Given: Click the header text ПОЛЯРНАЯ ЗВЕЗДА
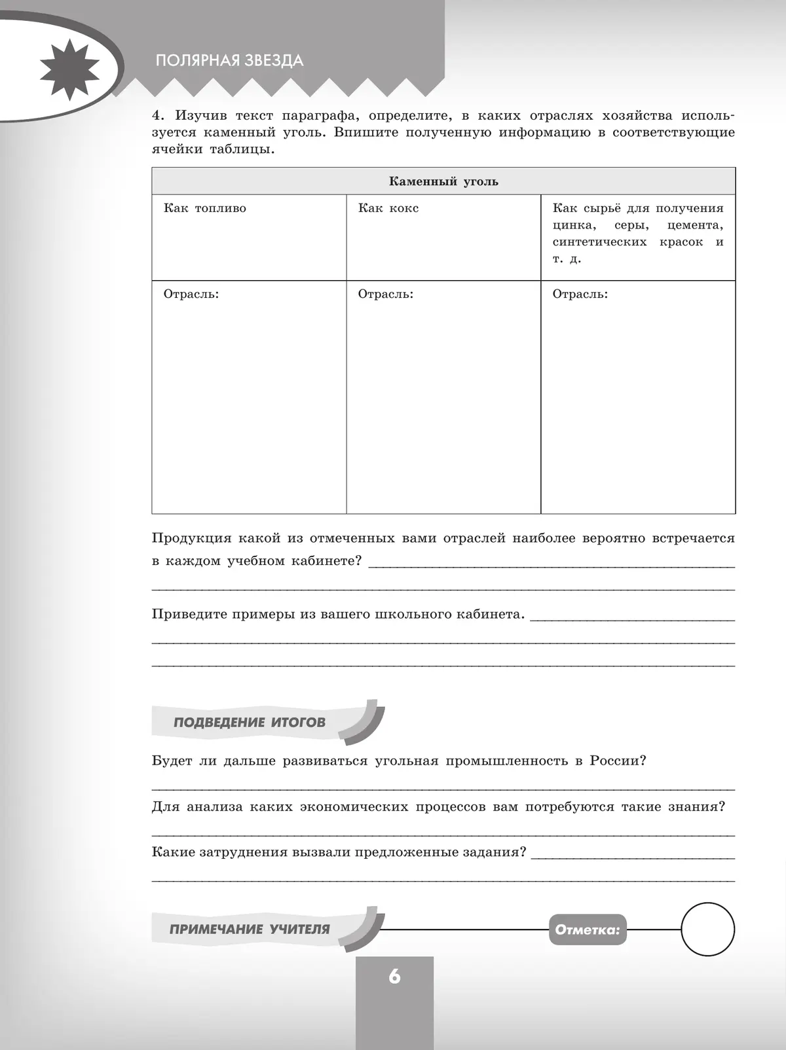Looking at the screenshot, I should tap(229, 61).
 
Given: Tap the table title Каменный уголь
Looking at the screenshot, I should tap(443, 181).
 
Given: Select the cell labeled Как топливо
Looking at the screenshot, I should tap(205, 208).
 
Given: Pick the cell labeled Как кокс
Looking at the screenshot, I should tap(388, 208).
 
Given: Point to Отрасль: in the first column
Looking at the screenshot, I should tap(191, 294).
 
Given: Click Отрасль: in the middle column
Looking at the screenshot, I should tap(386, 294).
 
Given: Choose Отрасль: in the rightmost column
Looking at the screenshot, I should tap(580, 294).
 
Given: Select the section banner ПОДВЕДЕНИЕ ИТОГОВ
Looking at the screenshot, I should tap(250, 723).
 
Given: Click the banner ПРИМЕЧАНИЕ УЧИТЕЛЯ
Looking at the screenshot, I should tap(250, 929).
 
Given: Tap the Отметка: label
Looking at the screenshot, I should tap(587, 930).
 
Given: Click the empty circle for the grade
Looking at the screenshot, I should tap(708, 930).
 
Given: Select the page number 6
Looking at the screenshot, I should tap(394, 977).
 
